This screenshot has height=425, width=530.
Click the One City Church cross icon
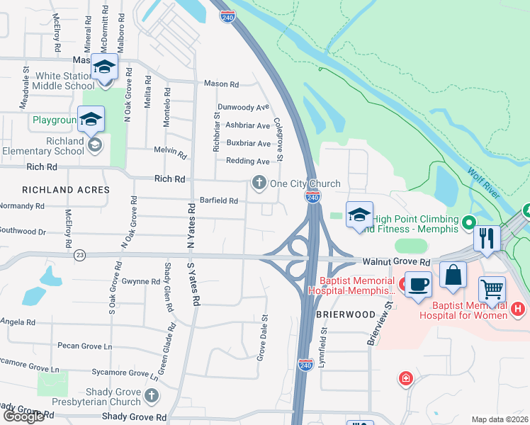tap(259, 183)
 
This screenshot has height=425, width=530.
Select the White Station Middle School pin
tap(105, 69)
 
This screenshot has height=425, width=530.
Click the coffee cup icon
tap(417, 283)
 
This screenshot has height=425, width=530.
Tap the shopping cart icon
tap(492, 289)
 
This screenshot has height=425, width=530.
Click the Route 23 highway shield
tap(79, 255)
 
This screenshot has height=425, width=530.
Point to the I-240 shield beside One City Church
tap(312, 195)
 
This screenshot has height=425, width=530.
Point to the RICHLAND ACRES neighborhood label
tap(66, 190)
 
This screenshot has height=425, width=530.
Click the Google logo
tap(23, 416)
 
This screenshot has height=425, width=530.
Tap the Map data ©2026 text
tap(500, 419)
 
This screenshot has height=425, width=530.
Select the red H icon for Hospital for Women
tap(518, 309)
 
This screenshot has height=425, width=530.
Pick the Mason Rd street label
tap(221, 84)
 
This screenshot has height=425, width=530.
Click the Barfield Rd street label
tap(218, 200)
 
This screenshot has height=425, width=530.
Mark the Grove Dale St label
tap(261, 337)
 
